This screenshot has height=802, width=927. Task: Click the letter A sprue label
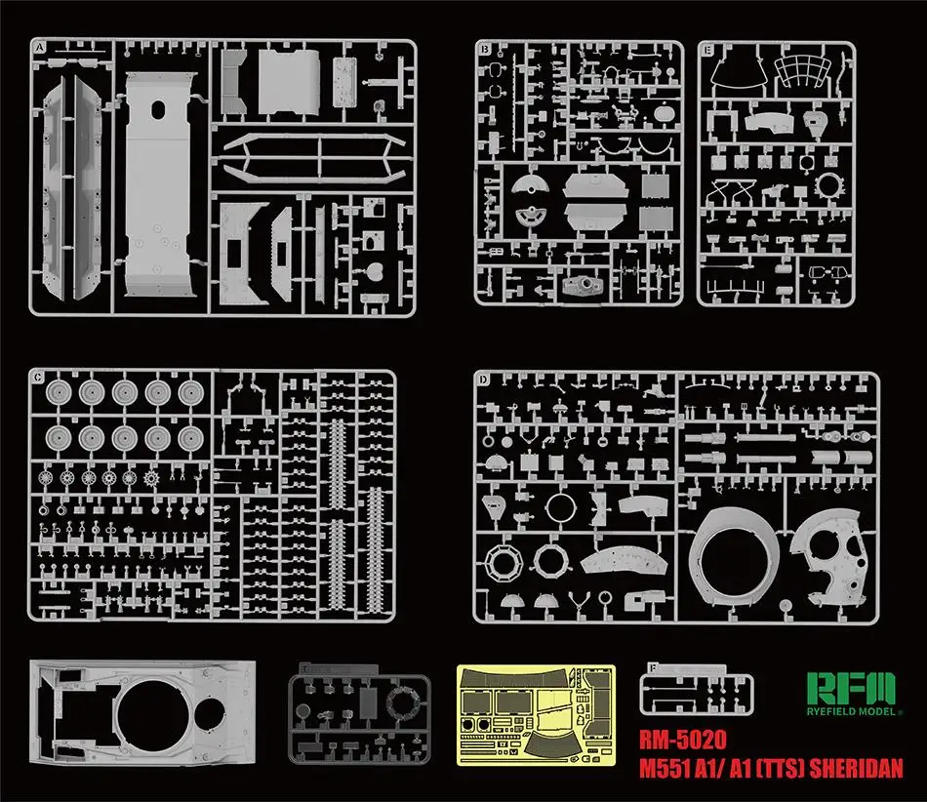pos(39,48)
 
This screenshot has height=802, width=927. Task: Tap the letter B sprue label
pos(482,48)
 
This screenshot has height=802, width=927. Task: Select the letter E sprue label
pos(706,48)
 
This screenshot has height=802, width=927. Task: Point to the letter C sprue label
pos(37,377)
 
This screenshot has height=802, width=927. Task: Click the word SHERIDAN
pos(846,767)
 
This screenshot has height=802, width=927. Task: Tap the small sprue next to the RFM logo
pos(697,691)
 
